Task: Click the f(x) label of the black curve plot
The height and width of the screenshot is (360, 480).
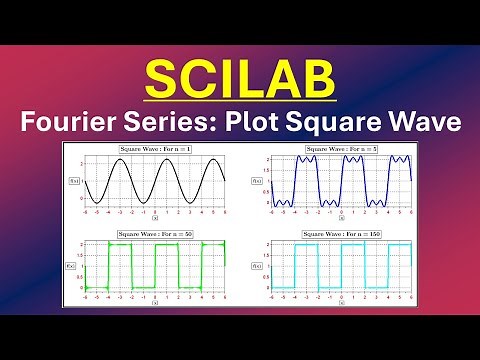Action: [x=74, y=180]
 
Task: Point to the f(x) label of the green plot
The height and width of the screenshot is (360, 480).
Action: [x=74, y=267]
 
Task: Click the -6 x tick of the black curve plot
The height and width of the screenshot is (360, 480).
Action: [x=86, y=213]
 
